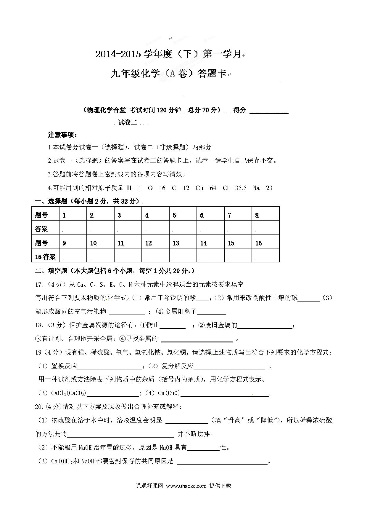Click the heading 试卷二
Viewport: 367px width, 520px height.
[128, 123]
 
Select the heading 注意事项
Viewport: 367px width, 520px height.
[62, 135]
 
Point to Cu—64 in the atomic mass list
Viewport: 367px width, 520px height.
[206, 188]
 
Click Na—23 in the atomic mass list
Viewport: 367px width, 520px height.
[263, 188]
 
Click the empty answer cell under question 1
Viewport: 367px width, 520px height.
[73, 227]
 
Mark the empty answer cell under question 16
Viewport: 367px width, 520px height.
[265, 255]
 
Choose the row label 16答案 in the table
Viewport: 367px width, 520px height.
[45, 257]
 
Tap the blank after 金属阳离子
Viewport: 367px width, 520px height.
[211, 312]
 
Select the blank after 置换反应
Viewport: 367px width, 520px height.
[110, 367]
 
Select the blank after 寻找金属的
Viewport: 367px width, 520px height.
[197, 339]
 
